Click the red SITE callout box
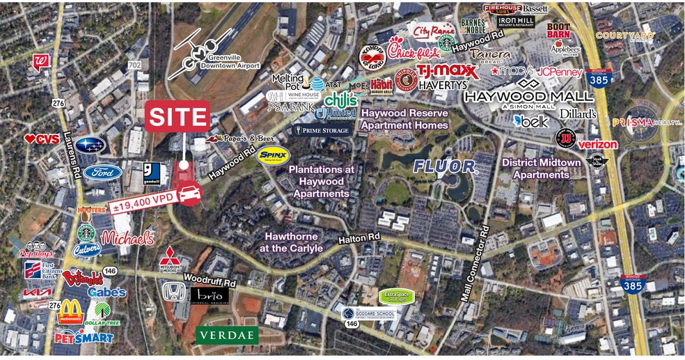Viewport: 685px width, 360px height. coord(178,116)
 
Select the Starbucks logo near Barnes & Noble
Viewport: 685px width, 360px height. coord(446,42)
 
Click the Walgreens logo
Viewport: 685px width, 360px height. coord(40,63)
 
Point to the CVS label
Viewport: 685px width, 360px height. coord(42,139)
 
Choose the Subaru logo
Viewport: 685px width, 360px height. coord(90,145)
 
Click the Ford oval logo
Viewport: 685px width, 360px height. coord(102,172)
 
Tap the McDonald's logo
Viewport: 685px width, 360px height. coord(70,311)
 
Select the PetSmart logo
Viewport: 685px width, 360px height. coord(84,338)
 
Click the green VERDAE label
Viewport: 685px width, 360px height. coord(227,335)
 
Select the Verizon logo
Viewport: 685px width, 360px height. coord(598,144)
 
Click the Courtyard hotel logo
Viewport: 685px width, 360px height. coord(624,36)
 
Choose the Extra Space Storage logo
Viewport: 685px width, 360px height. coord(397,296)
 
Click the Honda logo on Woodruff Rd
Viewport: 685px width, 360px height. coord(173,291)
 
